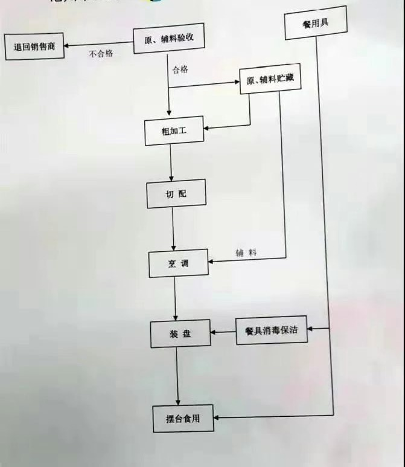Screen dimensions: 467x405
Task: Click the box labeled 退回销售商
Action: click(x=34, y=47)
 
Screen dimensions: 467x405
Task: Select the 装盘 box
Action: click(x=180, y=333)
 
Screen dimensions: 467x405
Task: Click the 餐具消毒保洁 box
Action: click(x=271, y=330)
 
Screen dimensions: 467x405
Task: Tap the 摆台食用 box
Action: click(x=183, y=417)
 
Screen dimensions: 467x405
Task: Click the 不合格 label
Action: click(x=101, y=54)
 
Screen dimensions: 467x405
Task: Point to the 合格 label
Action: click(x=180, y=69)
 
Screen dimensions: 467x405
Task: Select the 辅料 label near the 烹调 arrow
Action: click(x=246, y=253)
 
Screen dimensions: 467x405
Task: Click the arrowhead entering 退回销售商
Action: click(x=68, y=45)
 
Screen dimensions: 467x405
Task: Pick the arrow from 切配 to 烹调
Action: click(x=173, y=230)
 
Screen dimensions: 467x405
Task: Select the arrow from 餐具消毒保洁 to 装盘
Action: click(x=223, y=332)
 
